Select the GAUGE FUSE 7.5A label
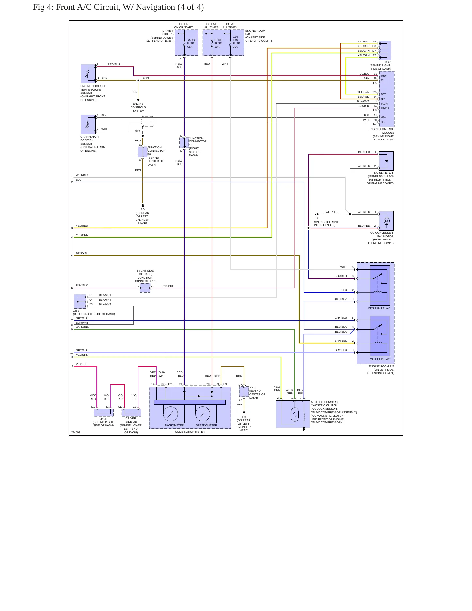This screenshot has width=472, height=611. pos(191,43)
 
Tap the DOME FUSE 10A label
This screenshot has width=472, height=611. pos(218,43)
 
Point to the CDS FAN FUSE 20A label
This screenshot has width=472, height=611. pos(236,42)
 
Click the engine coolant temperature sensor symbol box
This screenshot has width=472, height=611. pos(88,74)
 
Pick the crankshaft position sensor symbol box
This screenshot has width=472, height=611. pos(88,124)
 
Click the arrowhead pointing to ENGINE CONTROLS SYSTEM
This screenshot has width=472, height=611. pos(138,100)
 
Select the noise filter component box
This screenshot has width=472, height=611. pos(386,161)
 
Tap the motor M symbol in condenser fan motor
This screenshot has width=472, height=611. pos(387,221)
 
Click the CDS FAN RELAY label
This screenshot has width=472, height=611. pos(379,308)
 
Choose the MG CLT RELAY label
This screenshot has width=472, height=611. pos(380,359)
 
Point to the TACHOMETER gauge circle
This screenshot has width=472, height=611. pos(171,414)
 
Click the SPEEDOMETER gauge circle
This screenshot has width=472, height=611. pos(203,414)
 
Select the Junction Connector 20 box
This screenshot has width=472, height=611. pos(145,288)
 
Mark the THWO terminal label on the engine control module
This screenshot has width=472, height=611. pos(384,108)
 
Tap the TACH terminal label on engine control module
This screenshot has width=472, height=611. pos(384,104)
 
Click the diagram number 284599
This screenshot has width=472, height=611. pos(76,432)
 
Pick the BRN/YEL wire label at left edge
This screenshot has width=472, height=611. pos(82,253)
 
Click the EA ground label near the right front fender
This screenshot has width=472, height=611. pos(316,218)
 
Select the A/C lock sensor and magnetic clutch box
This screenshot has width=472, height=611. pos(293,414)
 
